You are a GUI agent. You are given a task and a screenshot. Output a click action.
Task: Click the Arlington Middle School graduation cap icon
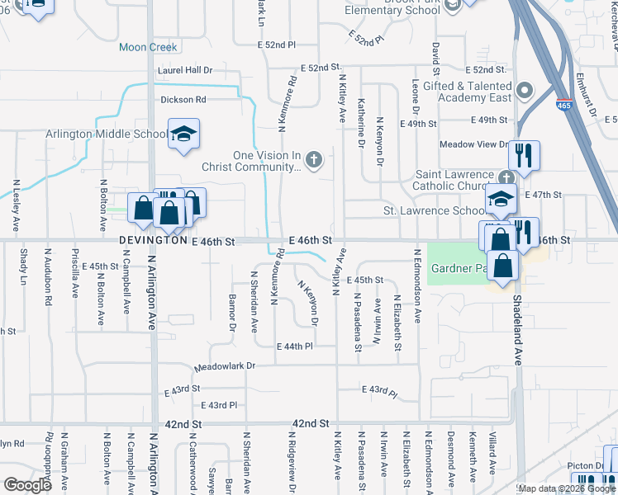pyautogui.click(x=183, y=135)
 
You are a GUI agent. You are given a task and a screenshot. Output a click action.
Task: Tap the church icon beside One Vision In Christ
pyautogui.click(x=313, y=159)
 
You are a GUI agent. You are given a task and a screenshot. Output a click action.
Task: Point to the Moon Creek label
pyautogui.click(x=149, y=47)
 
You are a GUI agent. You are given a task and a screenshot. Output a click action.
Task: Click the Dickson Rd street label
pyautogui.click(x=183, y=100)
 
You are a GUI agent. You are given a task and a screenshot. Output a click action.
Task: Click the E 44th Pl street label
pyautogui.click(x=295, y=346)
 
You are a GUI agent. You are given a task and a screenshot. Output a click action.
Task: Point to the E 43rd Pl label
pyautogui.click(x=220, y=405)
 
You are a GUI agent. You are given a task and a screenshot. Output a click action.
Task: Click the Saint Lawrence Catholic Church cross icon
pyautogui.click(x=506, y=177)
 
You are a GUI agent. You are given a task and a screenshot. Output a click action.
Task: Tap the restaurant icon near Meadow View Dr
pyautogui.click(x=524, y=153)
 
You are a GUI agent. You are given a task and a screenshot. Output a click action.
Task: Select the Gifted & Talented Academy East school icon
pyautogui.click(x=524, y=91)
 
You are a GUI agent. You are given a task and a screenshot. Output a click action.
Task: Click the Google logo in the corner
pyautogui.click(x=27, y=485)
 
